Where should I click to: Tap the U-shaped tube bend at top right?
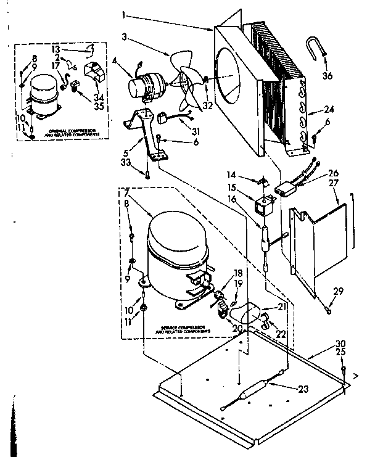(314, 47)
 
